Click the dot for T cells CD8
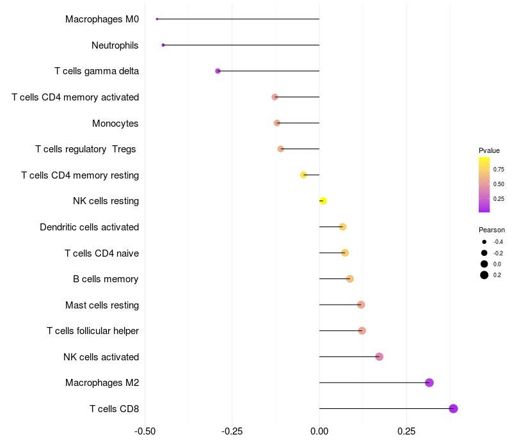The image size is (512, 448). pyautogui.click(x=453, y=409)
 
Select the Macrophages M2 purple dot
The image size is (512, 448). pyautogui.click(x=429, y=383)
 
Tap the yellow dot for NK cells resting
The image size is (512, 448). pyautogui.click(x=323, y=201)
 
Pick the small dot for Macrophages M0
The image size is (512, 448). pyautogui.click(x=157, y=19)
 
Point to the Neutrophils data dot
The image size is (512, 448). pyautogui.click(x=163, y=45)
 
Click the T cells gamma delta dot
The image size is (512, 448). pyautogui.click(x=218, y=71)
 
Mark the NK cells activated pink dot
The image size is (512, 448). pyautogui.click(x=379, y=356)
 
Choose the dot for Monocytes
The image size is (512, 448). pyautogui.click(x=276, y=123)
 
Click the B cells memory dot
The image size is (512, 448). pyautogui.click(x=349, y=278)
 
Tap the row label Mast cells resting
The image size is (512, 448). pyautogui.click(x=102, y=305)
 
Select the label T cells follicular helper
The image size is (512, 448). pyautogui.click(x=93, y=331)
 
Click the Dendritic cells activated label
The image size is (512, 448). pyautogui.click(x=89, y=227)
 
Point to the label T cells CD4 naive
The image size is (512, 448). pyautogui.click(x=102, y=253)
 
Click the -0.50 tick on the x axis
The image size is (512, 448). pyautogui.click(x=145, y=431)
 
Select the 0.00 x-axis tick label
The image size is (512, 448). pyautogui.click(x=319, y=431)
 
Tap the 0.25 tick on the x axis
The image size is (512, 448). pyautogui.click(x=406, y=431)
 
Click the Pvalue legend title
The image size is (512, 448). pyautogui.click(x=489, y=150)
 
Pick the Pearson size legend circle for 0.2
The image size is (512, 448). pyautogui.click(x=484, y=275)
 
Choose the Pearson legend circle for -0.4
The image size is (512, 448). pyautogui.click(x=484, y=242)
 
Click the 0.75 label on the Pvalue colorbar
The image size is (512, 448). pyautogui.click(x=499, y=170)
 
